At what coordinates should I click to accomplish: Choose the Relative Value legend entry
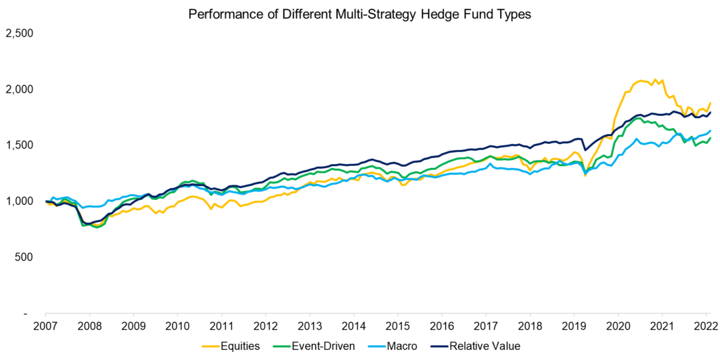point(475,345)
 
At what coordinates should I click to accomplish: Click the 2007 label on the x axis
point(45,327)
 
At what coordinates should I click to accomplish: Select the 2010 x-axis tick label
point(177,327)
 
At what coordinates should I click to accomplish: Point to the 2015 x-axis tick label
point(397,327)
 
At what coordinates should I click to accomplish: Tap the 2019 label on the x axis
point(573,327)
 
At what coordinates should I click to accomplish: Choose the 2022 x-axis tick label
point(705,327)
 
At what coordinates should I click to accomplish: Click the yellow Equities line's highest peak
point(654,79)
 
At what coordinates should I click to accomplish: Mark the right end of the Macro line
point(711,131)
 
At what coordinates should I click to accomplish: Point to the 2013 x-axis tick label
point(309,327)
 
